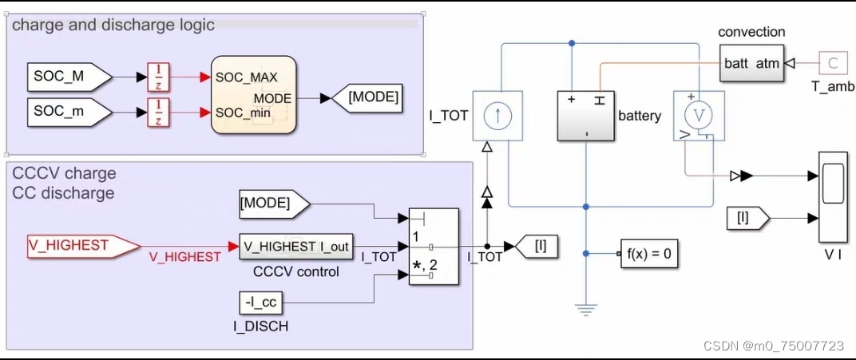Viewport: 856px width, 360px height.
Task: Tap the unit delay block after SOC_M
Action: tap(159, 77)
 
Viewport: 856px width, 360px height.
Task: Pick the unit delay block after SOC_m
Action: tap(159, 112)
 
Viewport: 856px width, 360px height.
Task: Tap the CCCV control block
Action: tap(296, 247)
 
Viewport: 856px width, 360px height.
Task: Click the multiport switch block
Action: tap(434, 247)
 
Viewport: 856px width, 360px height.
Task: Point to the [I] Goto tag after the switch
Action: tap(537, 247)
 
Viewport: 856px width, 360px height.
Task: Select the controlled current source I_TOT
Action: tap(498, 116)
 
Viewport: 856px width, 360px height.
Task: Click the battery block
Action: tap(585, 117)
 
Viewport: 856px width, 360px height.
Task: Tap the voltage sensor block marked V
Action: tap(698, 117)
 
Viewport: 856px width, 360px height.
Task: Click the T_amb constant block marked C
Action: tap(833, 62)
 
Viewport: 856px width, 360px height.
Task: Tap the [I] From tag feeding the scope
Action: tap(747, 217)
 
